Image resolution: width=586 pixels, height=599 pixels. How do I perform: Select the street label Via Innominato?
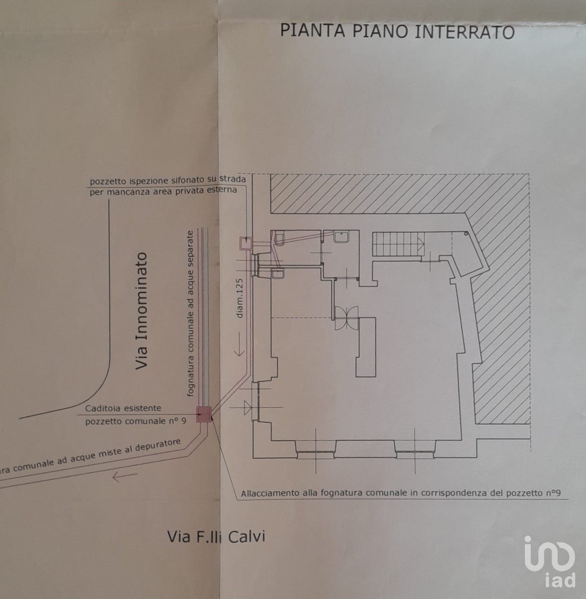click(x=141, y=311)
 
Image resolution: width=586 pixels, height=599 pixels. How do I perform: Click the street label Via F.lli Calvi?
click(x=216, y=537)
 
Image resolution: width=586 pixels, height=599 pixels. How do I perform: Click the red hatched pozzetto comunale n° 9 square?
click(x=204, y=414)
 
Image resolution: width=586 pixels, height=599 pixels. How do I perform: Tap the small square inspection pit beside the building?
click(x=245, y=243)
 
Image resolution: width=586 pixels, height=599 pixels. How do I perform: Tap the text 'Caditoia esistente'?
click(x=123, y=409)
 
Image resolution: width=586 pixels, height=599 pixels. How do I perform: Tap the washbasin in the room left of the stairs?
click(x=339, y=237)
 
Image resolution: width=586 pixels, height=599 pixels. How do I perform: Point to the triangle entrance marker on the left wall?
click(x=247, y=408)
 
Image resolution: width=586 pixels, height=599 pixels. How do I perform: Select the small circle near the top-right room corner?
click(x=465, y=234)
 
